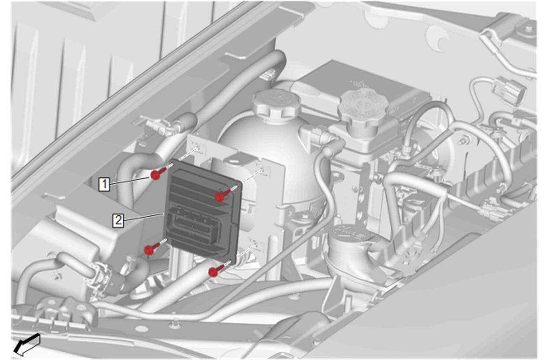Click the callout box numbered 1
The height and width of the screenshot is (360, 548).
pyautogui.click(x=104, y=184)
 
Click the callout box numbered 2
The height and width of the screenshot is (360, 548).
pyautogui.click(x=118, y=220)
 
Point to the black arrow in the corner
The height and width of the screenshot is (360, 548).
pyautogui.click(x=26, y=344)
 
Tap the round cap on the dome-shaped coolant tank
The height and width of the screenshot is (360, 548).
pyautogui.click(x=276, y=103)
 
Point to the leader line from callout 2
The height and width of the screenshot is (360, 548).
pyautogui.click(x=143, y=217)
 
